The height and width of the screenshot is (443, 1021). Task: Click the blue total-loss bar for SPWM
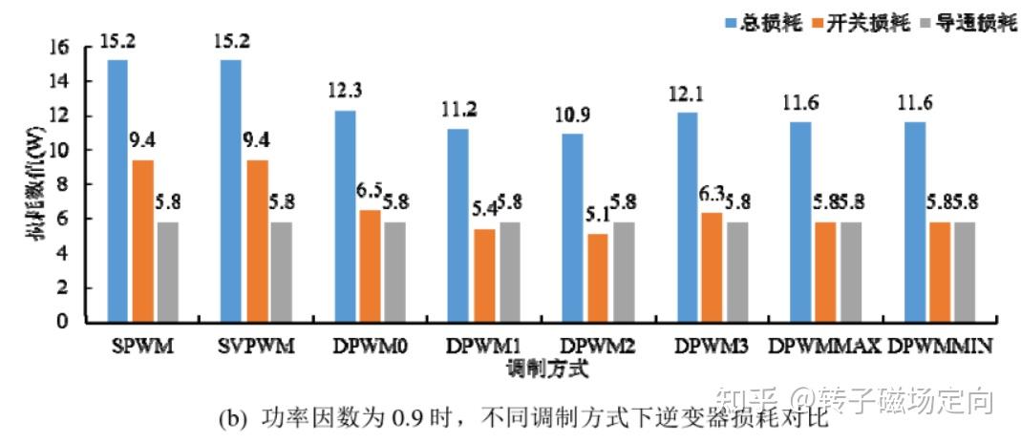117,191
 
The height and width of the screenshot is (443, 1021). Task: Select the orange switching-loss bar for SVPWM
256,241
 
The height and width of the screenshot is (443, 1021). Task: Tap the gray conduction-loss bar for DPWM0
394,271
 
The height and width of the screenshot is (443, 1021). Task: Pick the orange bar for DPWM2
598,277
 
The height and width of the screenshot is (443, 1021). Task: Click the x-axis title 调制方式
541,366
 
